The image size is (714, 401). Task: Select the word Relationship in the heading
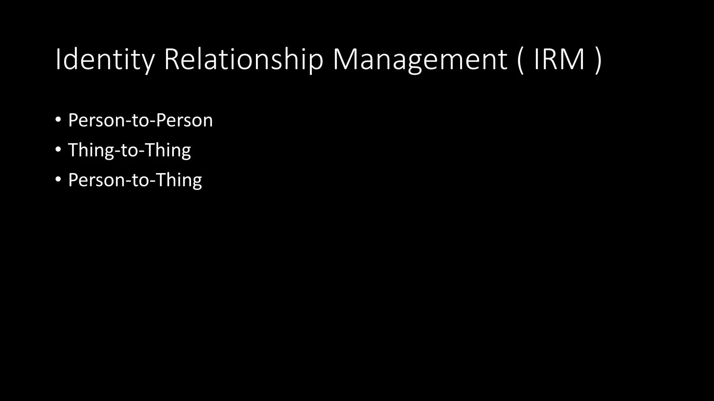point(243,60)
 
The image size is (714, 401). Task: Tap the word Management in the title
point(420,60)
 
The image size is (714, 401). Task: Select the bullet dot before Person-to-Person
point(58,120)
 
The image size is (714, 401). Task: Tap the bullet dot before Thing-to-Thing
point(58,150)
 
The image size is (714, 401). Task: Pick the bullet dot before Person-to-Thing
point(58,180)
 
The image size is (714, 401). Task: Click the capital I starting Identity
point(58,60)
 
